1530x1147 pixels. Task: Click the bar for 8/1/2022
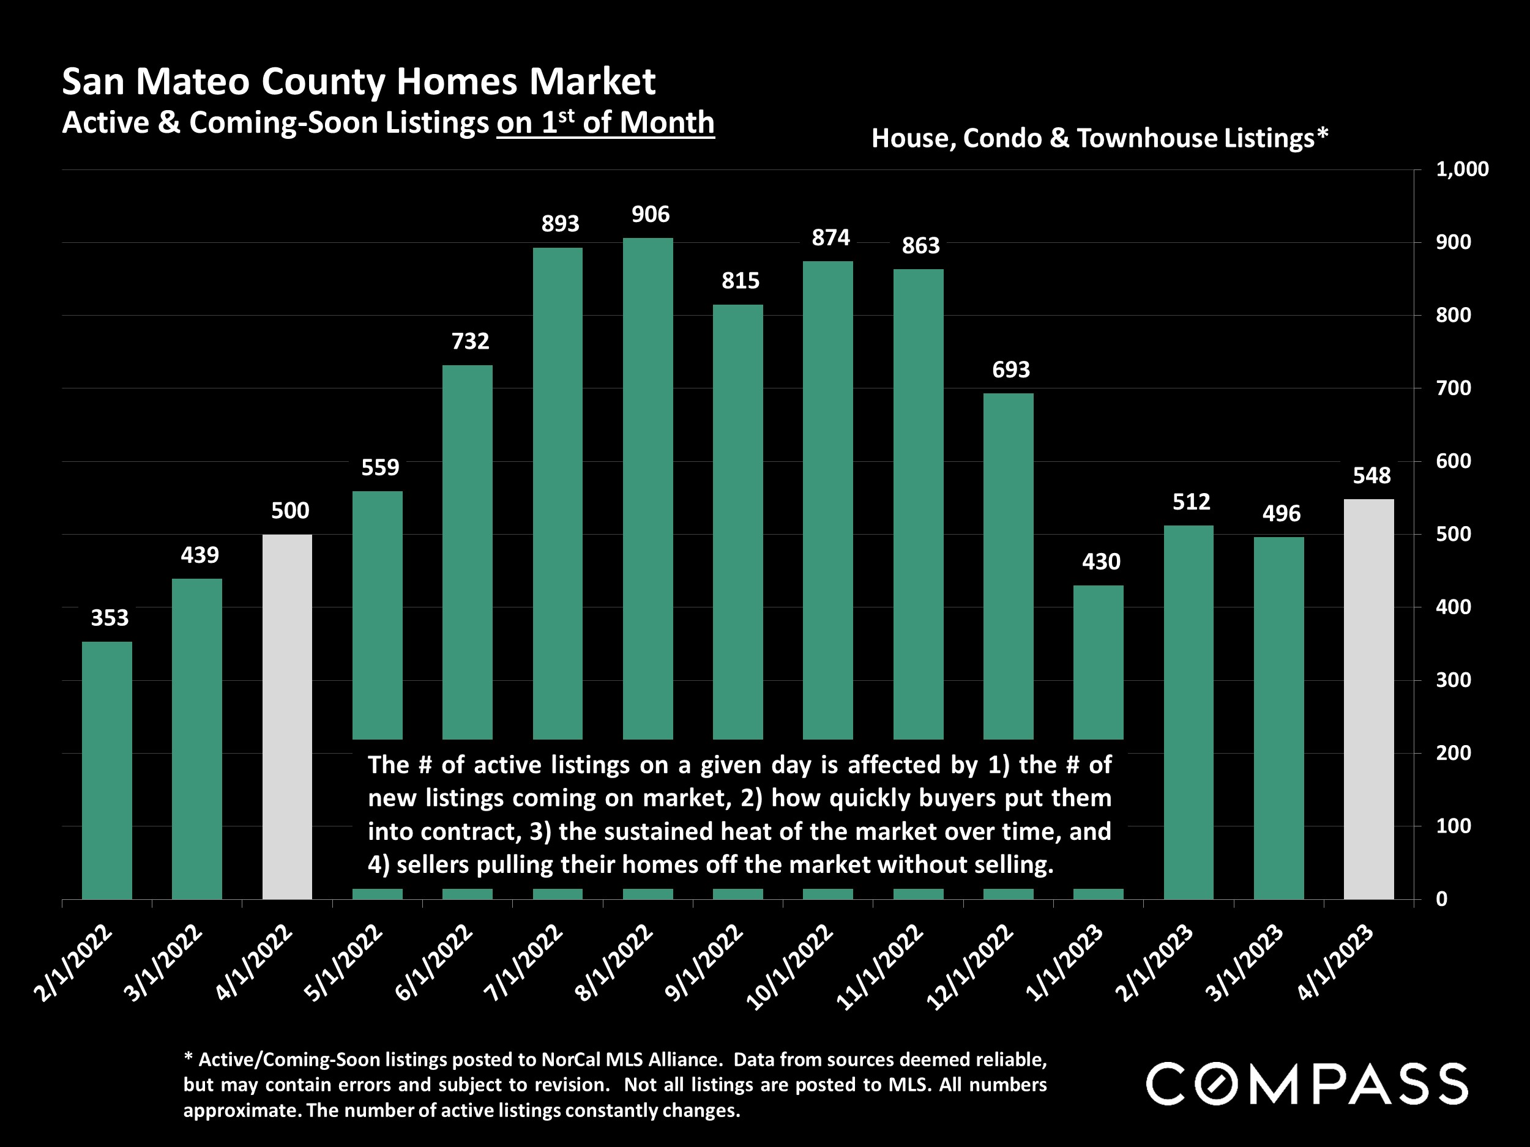(x=647, y=484)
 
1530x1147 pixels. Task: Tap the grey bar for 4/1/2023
(x=1368, y=699)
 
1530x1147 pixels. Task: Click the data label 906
(x=650, y=214)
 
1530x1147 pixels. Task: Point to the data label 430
(x=1100, y=562)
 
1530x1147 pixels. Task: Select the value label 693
(x=1010, y=370)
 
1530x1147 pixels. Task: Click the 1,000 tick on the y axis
(x=1461, y=169)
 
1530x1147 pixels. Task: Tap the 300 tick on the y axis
(x=1453, y=680)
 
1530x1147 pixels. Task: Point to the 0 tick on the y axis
(x=1441, y=899)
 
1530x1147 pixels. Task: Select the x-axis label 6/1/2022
(x=435, y=962)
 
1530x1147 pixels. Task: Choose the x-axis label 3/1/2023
(x=1244, y=962)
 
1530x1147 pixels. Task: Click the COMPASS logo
(x=1307, y=1083)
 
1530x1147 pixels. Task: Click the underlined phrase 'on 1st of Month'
(x=605, y=123)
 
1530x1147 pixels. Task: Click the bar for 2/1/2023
(x=1189, y=712)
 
